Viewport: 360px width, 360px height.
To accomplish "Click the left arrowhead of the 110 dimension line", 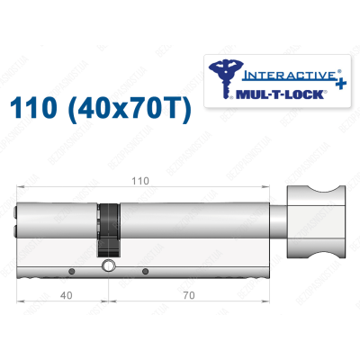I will (x=21, y=187).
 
